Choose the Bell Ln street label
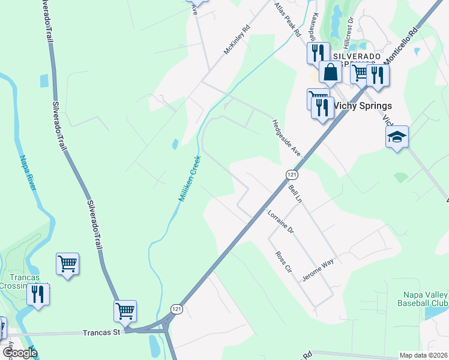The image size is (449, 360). [x=295, y=194]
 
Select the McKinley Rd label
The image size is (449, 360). [x=237, y=40]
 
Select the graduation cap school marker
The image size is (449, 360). [x=397, y=137]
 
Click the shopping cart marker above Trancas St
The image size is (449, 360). [x=125, y=311]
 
